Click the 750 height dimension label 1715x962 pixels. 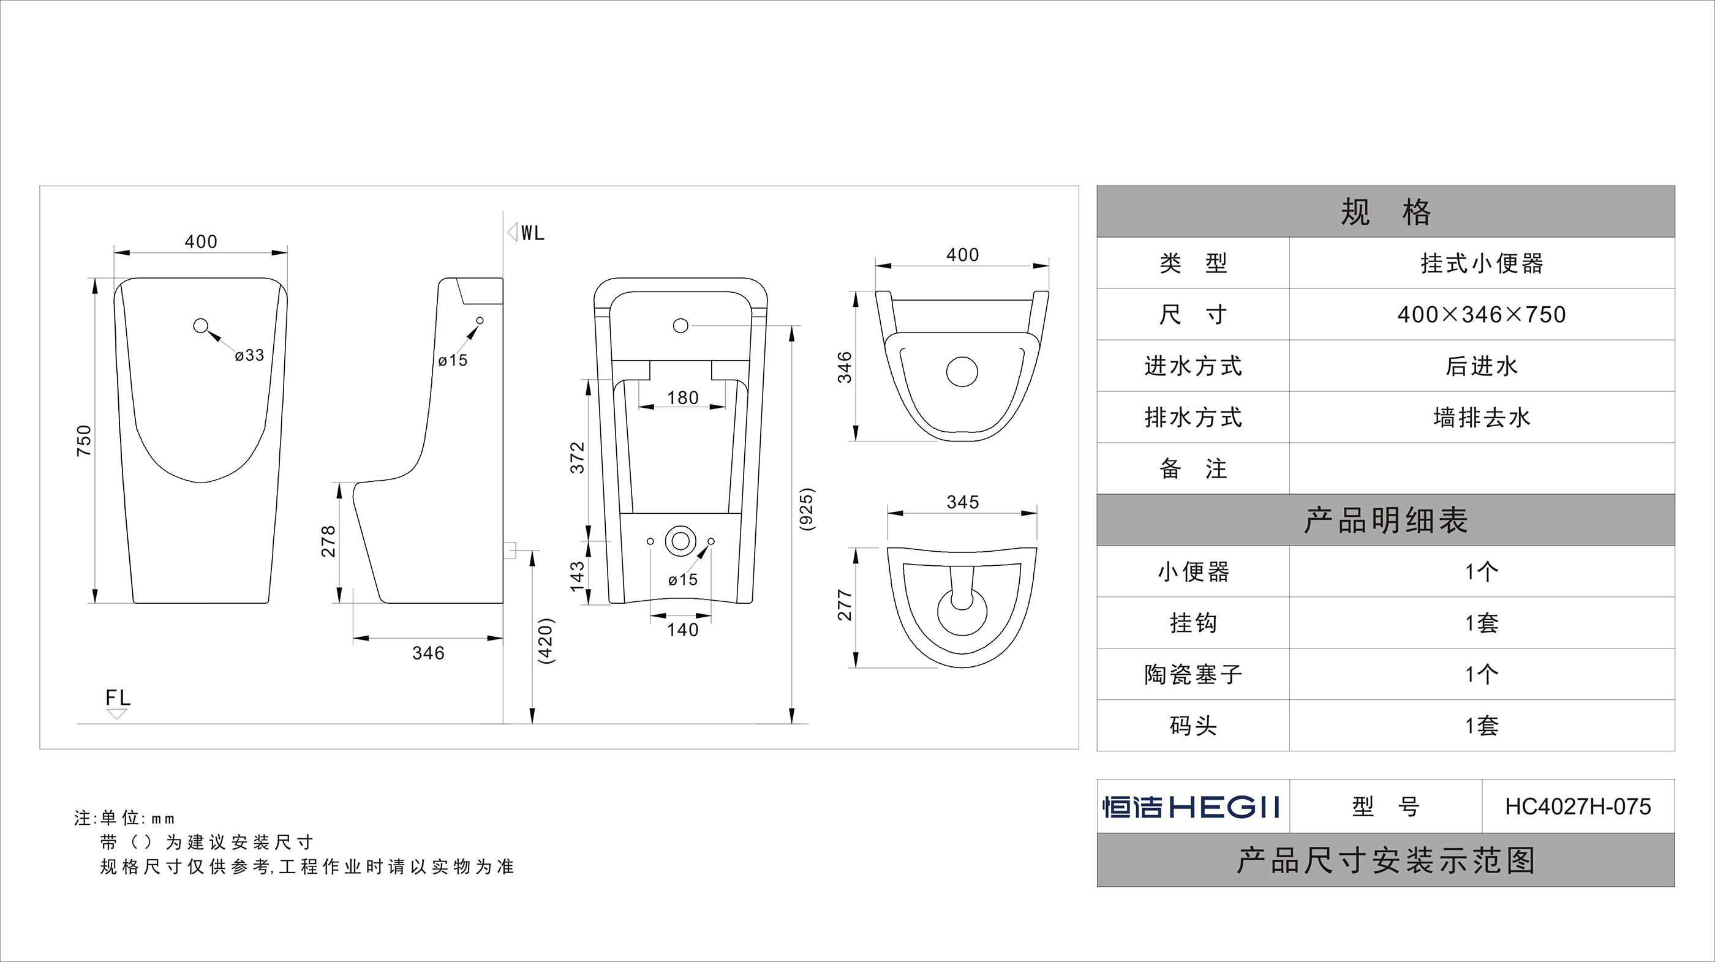click(x=84, y=440)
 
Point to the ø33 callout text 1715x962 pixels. click(x=250, y=356)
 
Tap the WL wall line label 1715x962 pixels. click(x=533, y=233)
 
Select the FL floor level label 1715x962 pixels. click(x=118, y=697)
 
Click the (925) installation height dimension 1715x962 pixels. click(x=806, y=509)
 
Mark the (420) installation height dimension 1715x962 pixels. click(x=546, y=641)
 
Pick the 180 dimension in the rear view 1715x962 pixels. click(x=683, y=397)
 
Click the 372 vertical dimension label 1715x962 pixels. click(x=577, y=457)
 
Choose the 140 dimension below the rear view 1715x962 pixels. click(x=683, y=629)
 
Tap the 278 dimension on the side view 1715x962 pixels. click(x=329, y=541)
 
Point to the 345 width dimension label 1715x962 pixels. click(x=963, y=502)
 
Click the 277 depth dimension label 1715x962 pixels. click(x=845, y=604)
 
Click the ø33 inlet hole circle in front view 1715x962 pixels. click(x=201, y=326)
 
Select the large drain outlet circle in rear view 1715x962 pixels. click(x=681, y=541)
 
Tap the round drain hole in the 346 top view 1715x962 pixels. click(x=962, y=372)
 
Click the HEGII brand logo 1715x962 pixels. click(x=1192, y=807)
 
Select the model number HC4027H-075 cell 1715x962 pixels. click(x=1578, y=807)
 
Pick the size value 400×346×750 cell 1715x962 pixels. click(x=1481, y=314)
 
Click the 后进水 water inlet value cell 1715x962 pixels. click(x=1481, y=366)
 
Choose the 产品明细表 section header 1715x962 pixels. click(x=1385, y=520)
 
